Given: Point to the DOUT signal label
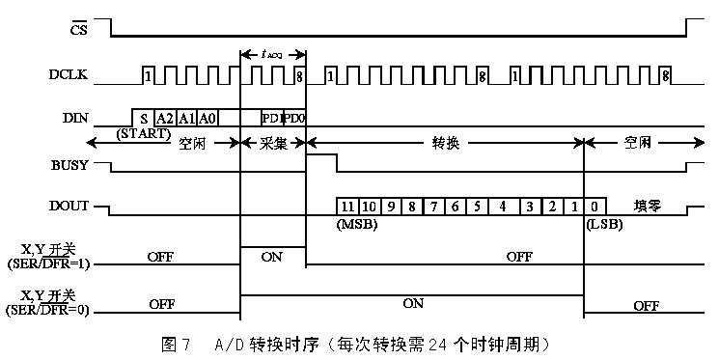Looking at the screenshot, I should [x=74, y=206].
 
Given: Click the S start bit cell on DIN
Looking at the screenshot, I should [x=144, y=118].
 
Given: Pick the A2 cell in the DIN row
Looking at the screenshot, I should [x=165, y=118].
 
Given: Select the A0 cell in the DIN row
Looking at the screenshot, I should [x=207, y=118].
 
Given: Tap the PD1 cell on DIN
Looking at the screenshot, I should [x=271, y=118].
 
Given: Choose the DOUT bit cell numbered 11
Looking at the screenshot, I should [x=346, y=206].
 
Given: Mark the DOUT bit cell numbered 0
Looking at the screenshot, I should [x=595, y=206].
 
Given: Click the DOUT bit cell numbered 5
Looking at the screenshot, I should [x=478, y=206].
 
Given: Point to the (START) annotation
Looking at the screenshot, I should [x=143, y=133].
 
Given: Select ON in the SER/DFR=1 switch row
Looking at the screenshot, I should [x=272, y=257].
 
